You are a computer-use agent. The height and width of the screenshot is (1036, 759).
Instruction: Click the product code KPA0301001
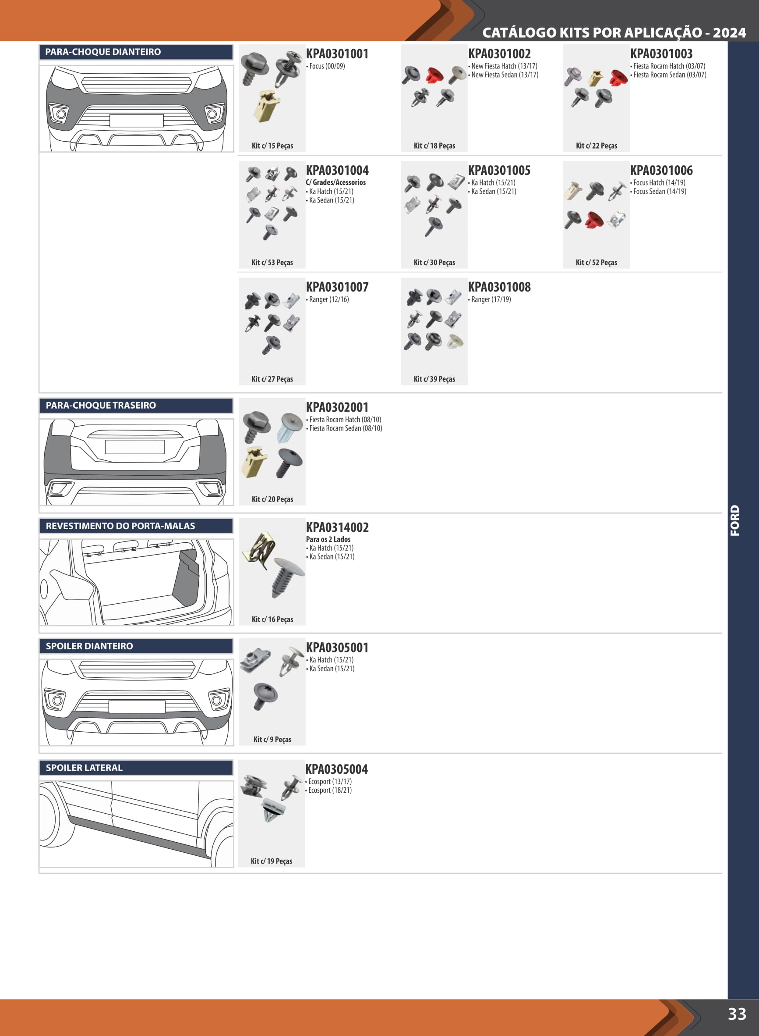click(337, 54)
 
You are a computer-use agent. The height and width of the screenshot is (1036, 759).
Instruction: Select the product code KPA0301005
click(499, 170)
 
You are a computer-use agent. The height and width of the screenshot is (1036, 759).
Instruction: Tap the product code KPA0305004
click(336, 769)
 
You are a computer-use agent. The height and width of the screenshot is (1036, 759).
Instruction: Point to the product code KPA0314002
click(337, 527)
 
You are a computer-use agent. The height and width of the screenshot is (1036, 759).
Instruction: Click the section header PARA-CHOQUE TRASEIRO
click(101, 405)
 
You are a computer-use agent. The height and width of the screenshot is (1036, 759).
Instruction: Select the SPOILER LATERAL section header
click(84, 767)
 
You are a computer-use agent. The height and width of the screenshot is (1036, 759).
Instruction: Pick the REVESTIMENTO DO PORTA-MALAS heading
click(120, 526)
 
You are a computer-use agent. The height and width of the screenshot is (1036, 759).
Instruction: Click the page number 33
click(737, 1014)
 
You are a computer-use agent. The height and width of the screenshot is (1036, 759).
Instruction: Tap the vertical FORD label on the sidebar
click(735, 520)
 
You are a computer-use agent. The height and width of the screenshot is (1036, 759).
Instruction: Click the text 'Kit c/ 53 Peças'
click(272, 262)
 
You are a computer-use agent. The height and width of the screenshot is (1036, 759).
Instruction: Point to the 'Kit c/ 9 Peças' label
click(272, 739)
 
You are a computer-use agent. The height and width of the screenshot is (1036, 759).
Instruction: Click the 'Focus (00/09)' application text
click(325, 66)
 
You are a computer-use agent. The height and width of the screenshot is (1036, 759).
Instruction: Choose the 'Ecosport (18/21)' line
click(328, 790)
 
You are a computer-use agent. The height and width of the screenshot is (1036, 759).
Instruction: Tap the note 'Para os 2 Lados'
click(328, 539)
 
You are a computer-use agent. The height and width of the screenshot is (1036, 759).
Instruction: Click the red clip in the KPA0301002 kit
click(433, 76)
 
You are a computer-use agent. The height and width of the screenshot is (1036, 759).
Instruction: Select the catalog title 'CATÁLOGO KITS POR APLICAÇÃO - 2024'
click(614, 32)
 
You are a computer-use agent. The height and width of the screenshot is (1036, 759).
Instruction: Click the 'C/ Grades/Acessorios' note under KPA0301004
click(336, 182)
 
